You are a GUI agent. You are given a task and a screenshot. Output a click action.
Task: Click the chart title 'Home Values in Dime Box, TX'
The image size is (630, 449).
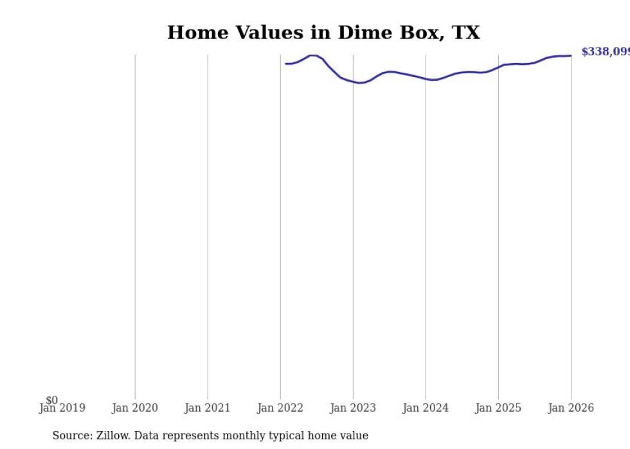(323, 33)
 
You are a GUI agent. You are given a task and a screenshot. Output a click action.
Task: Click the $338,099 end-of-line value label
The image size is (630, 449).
(605, 52)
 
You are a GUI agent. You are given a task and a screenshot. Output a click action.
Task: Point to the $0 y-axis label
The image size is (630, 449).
(51, 401)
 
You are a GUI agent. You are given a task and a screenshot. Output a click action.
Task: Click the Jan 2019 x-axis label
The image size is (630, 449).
(62, 408)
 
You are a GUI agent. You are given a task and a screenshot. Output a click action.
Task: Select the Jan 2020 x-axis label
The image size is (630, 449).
(134, 408)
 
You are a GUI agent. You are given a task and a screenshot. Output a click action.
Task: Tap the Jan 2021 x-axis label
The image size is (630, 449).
(207, 408)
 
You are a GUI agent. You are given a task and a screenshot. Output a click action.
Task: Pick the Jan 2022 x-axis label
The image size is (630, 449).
(280, 408)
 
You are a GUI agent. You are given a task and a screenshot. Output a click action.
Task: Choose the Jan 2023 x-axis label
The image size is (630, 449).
(353, 408)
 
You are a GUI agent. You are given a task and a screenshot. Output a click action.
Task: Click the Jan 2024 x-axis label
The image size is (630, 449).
(426, 408)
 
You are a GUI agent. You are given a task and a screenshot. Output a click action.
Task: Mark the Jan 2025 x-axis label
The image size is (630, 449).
(498, 408)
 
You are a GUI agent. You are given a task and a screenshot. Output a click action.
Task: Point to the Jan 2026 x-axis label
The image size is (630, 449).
(571, 408)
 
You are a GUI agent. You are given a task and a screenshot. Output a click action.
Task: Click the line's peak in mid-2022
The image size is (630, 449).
(313, 55)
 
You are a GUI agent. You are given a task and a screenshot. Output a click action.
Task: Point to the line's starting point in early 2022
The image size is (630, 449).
(286, 64)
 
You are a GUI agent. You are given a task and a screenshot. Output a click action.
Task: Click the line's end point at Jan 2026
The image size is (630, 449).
(571, 56)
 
